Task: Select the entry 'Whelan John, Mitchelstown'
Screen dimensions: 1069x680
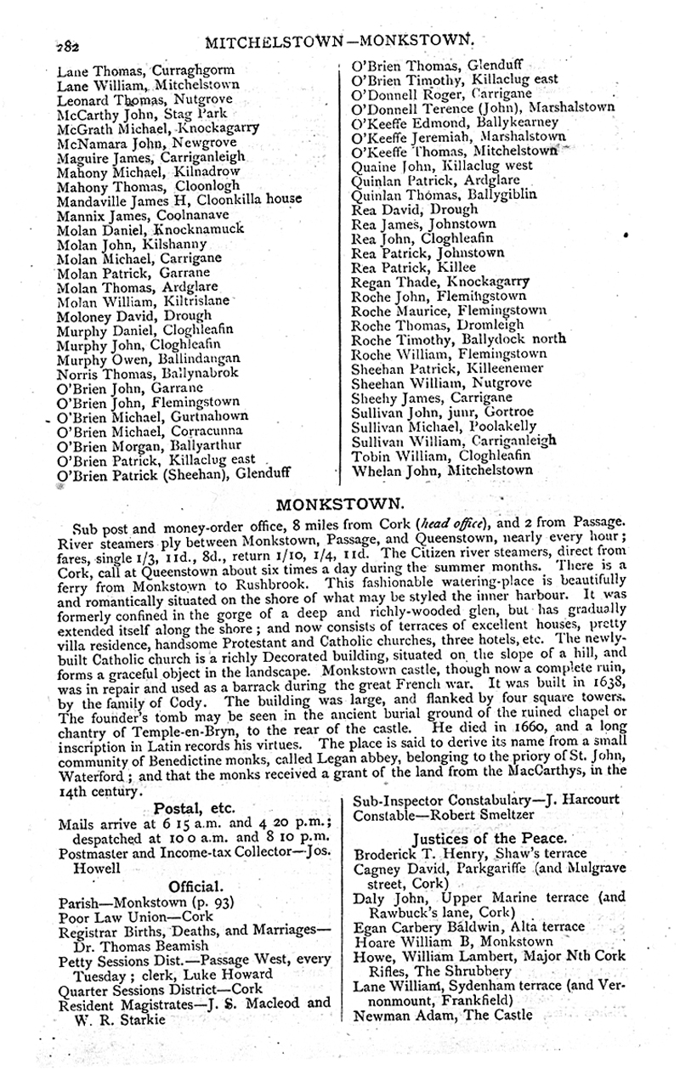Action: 442,469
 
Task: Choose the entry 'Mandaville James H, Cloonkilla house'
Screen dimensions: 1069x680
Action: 179,201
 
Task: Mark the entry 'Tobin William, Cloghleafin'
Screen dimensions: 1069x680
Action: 442,455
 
